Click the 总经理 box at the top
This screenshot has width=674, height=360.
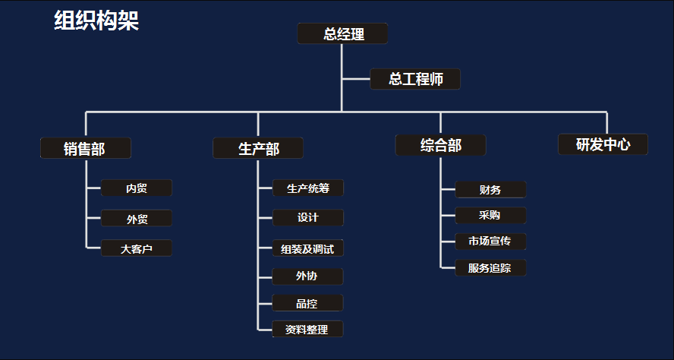tap(342, 33)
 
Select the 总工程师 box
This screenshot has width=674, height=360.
tap(415, 79)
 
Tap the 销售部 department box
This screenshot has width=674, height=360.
tap(86, 148)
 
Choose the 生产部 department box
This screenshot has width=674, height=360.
tap(258, 148)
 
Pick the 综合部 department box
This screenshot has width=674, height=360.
tap(440, 145)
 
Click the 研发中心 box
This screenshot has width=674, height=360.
tap(603, 144)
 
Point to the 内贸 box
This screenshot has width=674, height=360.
tap(137, 188)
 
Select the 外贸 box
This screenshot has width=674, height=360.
tap(137, 219)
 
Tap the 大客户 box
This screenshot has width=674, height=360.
tap(137, 248)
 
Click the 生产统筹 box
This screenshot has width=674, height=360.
tap(308, 188)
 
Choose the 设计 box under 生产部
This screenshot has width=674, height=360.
tap(308, 218)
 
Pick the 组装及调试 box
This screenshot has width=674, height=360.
tap(308, 248)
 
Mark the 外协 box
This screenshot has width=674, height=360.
tap(307, 276)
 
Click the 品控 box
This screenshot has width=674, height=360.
tap(307, 303)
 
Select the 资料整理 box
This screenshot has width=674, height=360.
tap(307, 329)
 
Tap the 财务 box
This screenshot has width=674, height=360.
tap(490, 189)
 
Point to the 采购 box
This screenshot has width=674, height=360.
tap(490, 215)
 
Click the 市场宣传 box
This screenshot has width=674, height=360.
tap(490, 242)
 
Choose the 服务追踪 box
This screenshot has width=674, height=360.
tap(490, 267)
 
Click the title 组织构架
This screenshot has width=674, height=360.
tap(96, 21)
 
